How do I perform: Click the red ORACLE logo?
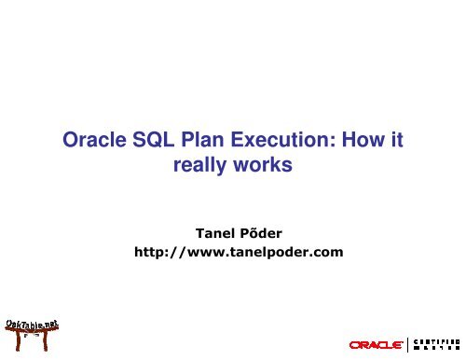pyautogui.click(x=377, y=345)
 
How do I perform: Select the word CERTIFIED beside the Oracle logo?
pyautogui.click(x=434, y=340)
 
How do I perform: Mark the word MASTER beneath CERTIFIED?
pyautogui.click(x=434, y=349)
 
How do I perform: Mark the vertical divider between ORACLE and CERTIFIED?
pyautogui.click(x=411, y=345)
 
